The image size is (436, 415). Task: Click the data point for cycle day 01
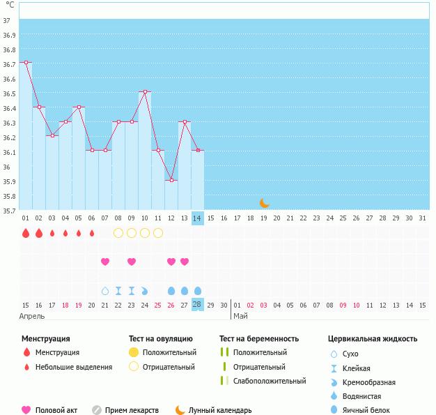pos(26,63)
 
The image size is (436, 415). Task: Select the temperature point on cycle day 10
pos(145,92)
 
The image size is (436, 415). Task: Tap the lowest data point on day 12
pos(171,180)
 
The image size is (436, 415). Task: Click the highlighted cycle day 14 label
pos(198,218)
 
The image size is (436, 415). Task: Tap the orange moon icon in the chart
pos(264,203)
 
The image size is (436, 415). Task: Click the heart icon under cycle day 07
pos(105,262)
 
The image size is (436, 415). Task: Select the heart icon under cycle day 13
pos(185,262)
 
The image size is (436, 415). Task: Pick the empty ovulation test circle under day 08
pos(118,232)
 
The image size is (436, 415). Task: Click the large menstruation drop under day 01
pos(26,233)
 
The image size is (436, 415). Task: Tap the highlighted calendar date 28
pos(198,305)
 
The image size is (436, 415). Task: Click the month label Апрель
pos(32,316)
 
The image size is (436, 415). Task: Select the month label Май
pos(240,316)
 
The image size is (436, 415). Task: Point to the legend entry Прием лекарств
pos(132,411)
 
